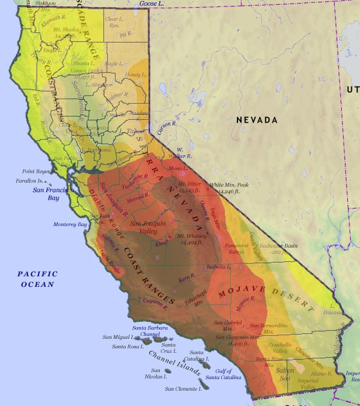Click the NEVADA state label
click(257, 120)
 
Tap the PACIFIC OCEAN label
click(37, 279)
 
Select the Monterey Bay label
click(70, 224)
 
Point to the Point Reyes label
click(36, 171)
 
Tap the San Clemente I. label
click(184, 388)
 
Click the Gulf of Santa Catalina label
click(223, 374)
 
